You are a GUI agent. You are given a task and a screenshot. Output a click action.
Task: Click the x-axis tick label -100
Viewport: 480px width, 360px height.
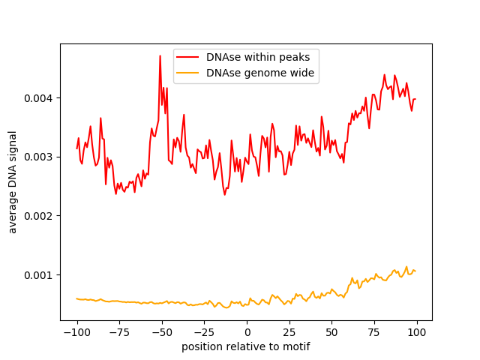[76, 332]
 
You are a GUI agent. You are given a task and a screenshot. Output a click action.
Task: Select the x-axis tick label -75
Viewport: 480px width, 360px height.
[119, 332]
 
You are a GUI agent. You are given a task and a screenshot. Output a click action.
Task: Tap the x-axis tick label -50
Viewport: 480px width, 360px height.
[162, 332]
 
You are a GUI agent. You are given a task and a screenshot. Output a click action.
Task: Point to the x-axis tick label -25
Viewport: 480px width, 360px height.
[204, 332]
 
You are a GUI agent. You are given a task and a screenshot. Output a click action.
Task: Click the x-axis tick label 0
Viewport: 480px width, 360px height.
[247, 332]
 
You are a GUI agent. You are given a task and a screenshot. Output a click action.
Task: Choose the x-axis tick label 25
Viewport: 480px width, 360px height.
[289, 332]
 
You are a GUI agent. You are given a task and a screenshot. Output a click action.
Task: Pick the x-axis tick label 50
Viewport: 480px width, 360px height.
[332, 332]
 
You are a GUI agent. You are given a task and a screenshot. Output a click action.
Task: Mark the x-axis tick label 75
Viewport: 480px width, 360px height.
[375, 332]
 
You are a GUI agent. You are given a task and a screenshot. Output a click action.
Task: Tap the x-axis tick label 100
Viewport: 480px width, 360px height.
[417, 332]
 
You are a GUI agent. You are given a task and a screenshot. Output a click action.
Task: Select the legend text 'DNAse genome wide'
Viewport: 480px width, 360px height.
[260, 73]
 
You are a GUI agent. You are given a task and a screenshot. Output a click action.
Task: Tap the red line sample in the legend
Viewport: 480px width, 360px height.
[190, 57]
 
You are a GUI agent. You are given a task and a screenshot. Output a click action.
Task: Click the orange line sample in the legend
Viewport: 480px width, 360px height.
[190, 73]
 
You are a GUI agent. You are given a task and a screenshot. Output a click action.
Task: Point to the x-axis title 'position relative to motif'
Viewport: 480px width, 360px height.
[246, 346]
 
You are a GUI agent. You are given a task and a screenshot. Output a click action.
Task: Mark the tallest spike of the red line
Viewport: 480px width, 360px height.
[160, 55]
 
